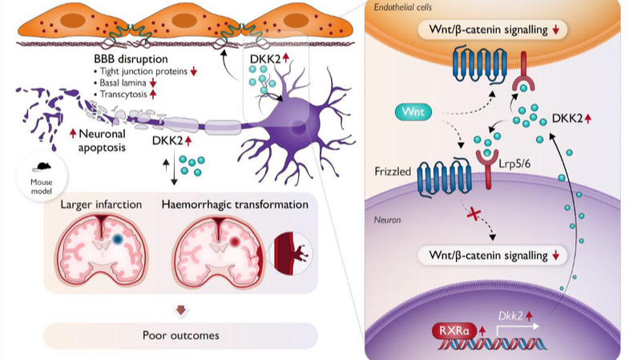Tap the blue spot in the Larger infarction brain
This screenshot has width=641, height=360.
[118, 240]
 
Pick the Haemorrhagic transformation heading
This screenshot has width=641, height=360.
[235, 204]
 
